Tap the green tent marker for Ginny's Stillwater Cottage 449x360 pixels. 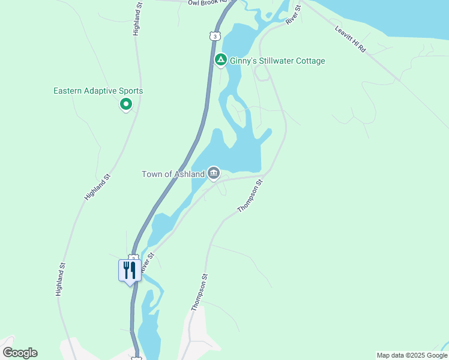pos(220,60)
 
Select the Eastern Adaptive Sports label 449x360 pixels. pos(98,91)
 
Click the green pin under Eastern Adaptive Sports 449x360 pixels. pos(126,105)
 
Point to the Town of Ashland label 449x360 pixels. pos(173,174)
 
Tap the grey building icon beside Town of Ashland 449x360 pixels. pos(214,173)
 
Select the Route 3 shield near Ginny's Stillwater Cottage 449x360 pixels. pos(214,36)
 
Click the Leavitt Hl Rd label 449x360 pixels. pos(350,40)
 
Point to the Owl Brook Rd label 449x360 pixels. pos(209,2)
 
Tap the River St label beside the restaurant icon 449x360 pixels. pos(148,263)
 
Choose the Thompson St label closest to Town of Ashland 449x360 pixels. pos(250,196)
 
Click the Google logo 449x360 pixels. pos(20,353)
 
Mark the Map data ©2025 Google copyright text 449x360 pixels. pos(412,355)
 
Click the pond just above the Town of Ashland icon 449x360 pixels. pos(240,150)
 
